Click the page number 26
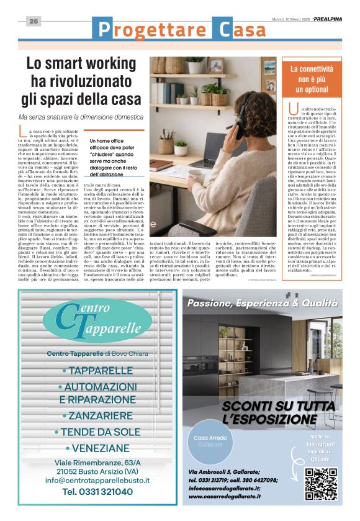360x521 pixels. pyautogui.click(x=34, y=21)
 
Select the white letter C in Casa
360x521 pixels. pyautogui.click(x=222, y=28)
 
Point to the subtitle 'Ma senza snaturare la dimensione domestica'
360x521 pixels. pyautogui.click(x=81, y=117)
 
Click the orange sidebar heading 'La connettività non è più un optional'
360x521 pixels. pyautogui.click(x=311, y=78)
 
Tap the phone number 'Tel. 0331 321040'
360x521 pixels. pyautogui.click(x=97, y=492)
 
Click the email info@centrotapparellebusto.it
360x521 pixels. pyautogui.click(x=97, y=480)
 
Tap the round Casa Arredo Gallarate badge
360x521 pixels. pyautogui.click(x=210, y=441)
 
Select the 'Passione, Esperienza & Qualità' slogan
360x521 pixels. pyautogui.click(x=263, y=304)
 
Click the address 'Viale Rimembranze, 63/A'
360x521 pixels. pyautogui.click(x=97, y=463)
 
